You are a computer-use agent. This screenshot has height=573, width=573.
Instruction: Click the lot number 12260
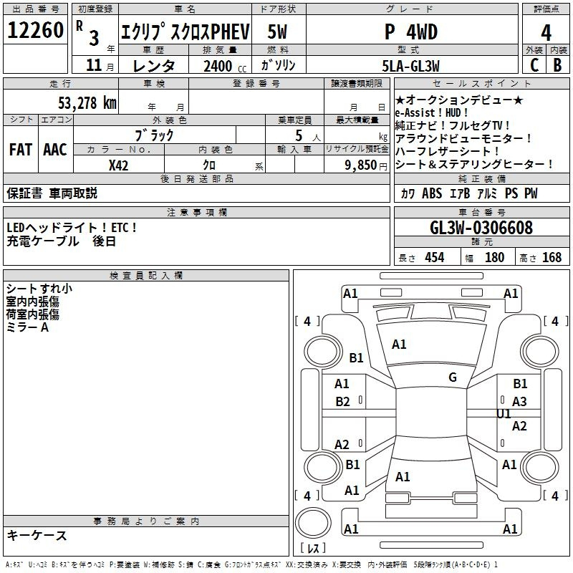click(35, 30)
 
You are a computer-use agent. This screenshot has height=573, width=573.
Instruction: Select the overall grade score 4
click(546, 33)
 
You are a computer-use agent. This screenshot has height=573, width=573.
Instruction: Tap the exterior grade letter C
click(534, 65)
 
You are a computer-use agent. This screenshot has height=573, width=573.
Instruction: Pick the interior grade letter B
click(557, 65)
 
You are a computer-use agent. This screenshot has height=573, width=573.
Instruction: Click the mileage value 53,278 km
click(87, 103)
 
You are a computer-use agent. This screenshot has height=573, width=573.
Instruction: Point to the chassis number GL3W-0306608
click(481, 228)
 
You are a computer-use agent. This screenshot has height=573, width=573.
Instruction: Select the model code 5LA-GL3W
click(410, 66)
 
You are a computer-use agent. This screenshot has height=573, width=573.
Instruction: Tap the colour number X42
click(118, 165)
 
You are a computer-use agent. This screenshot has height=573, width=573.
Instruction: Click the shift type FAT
click(21, 150)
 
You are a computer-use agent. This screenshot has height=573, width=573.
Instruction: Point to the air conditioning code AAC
click(55, 150)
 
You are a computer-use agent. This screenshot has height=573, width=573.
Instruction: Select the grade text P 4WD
click(411, 32)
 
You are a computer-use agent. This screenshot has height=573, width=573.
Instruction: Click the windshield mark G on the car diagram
click(453, 377)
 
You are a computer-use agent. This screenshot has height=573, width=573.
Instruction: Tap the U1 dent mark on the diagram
click(504, 414)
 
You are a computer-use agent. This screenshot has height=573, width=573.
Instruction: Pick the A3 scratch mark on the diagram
click(519, 402)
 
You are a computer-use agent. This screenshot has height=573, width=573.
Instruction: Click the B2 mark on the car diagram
click(343, 402)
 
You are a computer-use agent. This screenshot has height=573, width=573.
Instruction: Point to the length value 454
click(435, 257)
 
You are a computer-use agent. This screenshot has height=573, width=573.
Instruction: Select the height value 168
click(552, 257)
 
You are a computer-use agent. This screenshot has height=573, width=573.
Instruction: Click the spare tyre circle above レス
click(313, 523)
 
